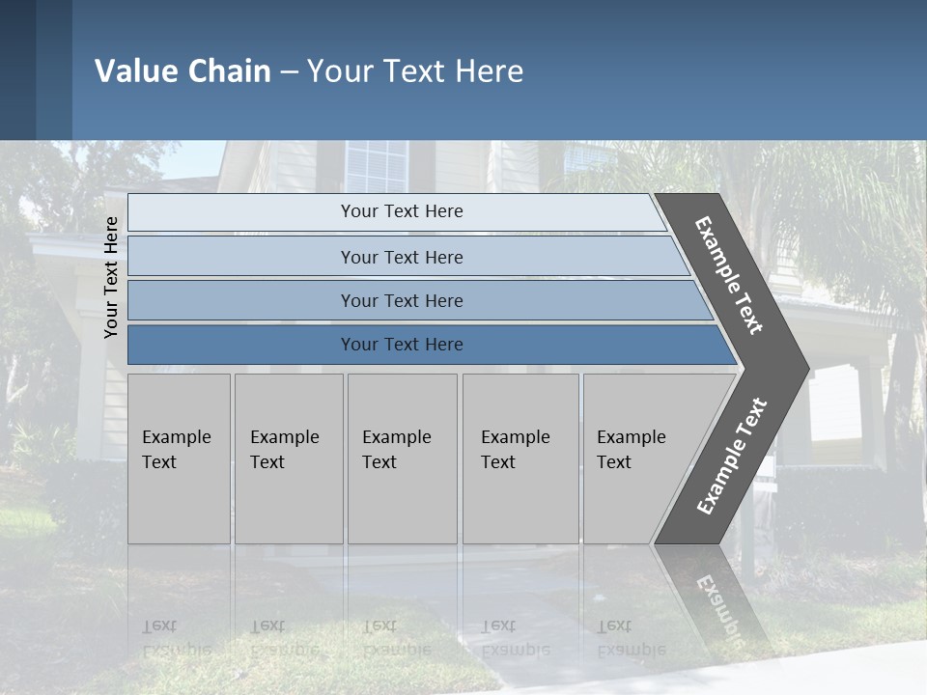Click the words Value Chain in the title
(183, 71)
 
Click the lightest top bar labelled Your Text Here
(401, 211)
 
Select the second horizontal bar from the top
(401, 257)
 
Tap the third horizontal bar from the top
(401, 300)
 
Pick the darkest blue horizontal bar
(401, 345)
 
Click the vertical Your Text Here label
(112, 277)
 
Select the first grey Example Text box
(179, 459)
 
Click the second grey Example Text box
(288, 459)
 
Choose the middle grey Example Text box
(402, 459)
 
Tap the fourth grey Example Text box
(520, 459)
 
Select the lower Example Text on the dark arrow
(731, 457)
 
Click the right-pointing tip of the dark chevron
(803, 368)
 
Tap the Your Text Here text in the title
(415, 71)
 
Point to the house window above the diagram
(377, 166)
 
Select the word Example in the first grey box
(176, 437)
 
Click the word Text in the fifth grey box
(614, 462)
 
